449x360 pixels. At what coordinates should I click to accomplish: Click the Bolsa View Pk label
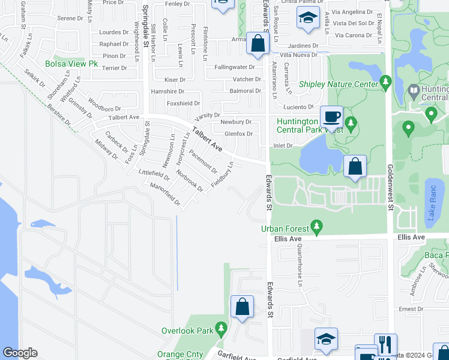[x=67, y=64]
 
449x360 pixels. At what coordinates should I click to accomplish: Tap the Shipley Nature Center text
[x=338, y=85]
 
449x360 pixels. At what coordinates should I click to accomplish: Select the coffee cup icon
[x=331, y=116]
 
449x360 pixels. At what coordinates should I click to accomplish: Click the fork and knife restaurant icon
[x=385, y=344]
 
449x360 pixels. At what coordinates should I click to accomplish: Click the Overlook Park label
[x=187, y=331]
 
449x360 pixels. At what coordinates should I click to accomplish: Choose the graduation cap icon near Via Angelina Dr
[x=308, y=19]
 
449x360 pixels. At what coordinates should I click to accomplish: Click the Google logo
[x=20, y=352]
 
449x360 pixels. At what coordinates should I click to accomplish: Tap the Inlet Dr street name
[x=282, y=145]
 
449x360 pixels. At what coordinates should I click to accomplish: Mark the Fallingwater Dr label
[x=238, y=67]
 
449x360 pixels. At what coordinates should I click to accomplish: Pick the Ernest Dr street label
[x=411, y=309]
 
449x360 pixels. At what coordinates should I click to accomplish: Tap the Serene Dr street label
[x=70, y=19]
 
